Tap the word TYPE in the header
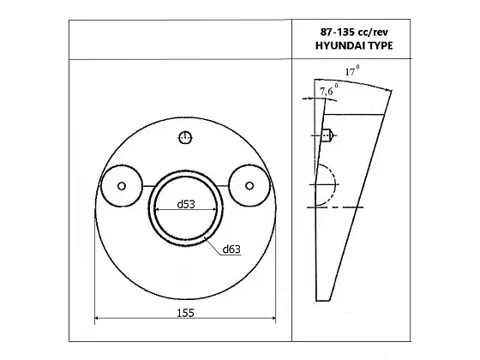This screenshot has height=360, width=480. click(x=377, y=45)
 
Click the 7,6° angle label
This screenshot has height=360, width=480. click(x=328, y=87)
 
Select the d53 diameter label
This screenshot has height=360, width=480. click(x=186, y=204)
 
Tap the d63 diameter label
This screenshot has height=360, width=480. click(x=231, y=249)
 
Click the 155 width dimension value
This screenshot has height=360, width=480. click(x=185, y=313)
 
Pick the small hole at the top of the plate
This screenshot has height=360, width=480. click(x=185, y=137)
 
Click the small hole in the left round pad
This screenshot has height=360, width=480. click(x=122, y=186)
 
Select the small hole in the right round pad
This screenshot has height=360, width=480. click(x=249, y=186)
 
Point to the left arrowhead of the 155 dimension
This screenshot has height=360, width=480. click(x=97, y=321)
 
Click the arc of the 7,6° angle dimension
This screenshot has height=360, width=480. click(x=321, y=97)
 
